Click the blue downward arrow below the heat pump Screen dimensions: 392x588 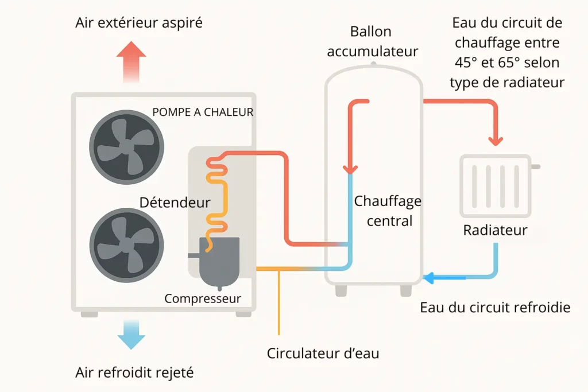coord(131,334)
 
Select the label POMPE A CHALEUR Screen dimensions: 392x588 coord(203,112)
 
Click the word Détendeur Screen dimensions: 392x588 coord(175,203)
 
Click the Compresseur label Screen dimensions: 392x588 coord(203,299)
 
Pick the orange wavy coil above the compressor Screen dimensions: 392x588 coord(217,195)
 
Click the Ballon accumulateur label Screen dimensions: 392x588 coord(373,41)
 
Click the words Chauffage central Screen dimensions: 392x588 coord(388,211)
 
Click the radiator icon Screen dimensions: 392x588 coord(494,184)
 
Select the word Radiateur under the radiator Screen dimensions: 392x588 coord(495,231)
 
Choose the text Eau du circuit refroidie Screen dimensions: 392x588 coord(495,308)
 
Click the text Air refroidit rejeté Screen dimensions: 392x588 coord(134,372)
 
